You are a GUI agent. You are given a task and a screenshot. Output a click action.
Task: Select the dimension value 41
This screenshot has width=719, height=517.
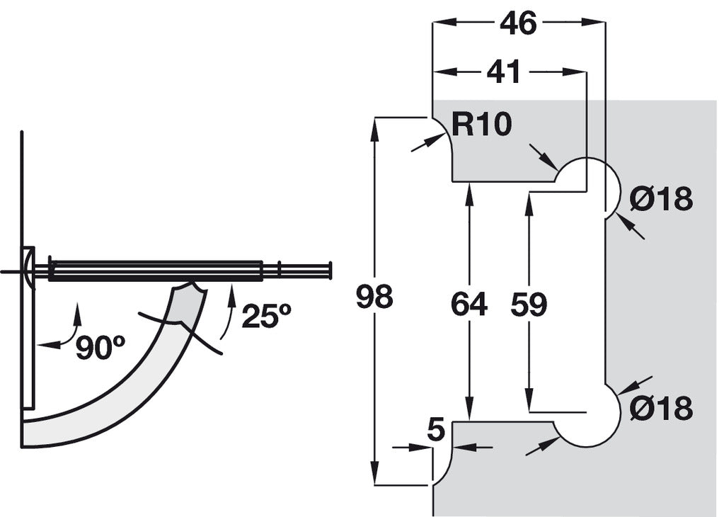(x=505, y=72)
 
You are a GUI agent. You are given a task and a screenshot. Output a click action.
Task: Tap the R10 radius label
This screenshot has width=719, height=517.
(x=481, y=125)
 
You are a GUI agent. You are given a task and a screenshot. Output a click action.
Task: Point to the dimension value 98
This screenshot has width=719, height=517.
(x=374, y=297)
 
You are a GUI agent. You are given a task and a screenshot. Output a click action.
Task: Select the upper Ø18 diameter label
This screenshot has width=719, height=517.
(x=661, y=200)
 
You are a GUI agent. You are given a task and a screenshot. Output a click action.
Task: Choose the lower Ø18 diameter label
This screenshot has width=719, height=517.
(x=661, y=408)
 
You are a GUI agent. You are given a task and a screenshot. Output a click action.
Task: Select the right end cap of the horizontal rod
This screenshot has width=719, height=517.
(x=329, y=271)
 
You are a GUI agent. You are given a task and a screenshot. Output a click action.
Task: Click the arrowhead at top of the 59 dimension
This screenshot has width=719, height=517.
(x=529, y=200)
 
